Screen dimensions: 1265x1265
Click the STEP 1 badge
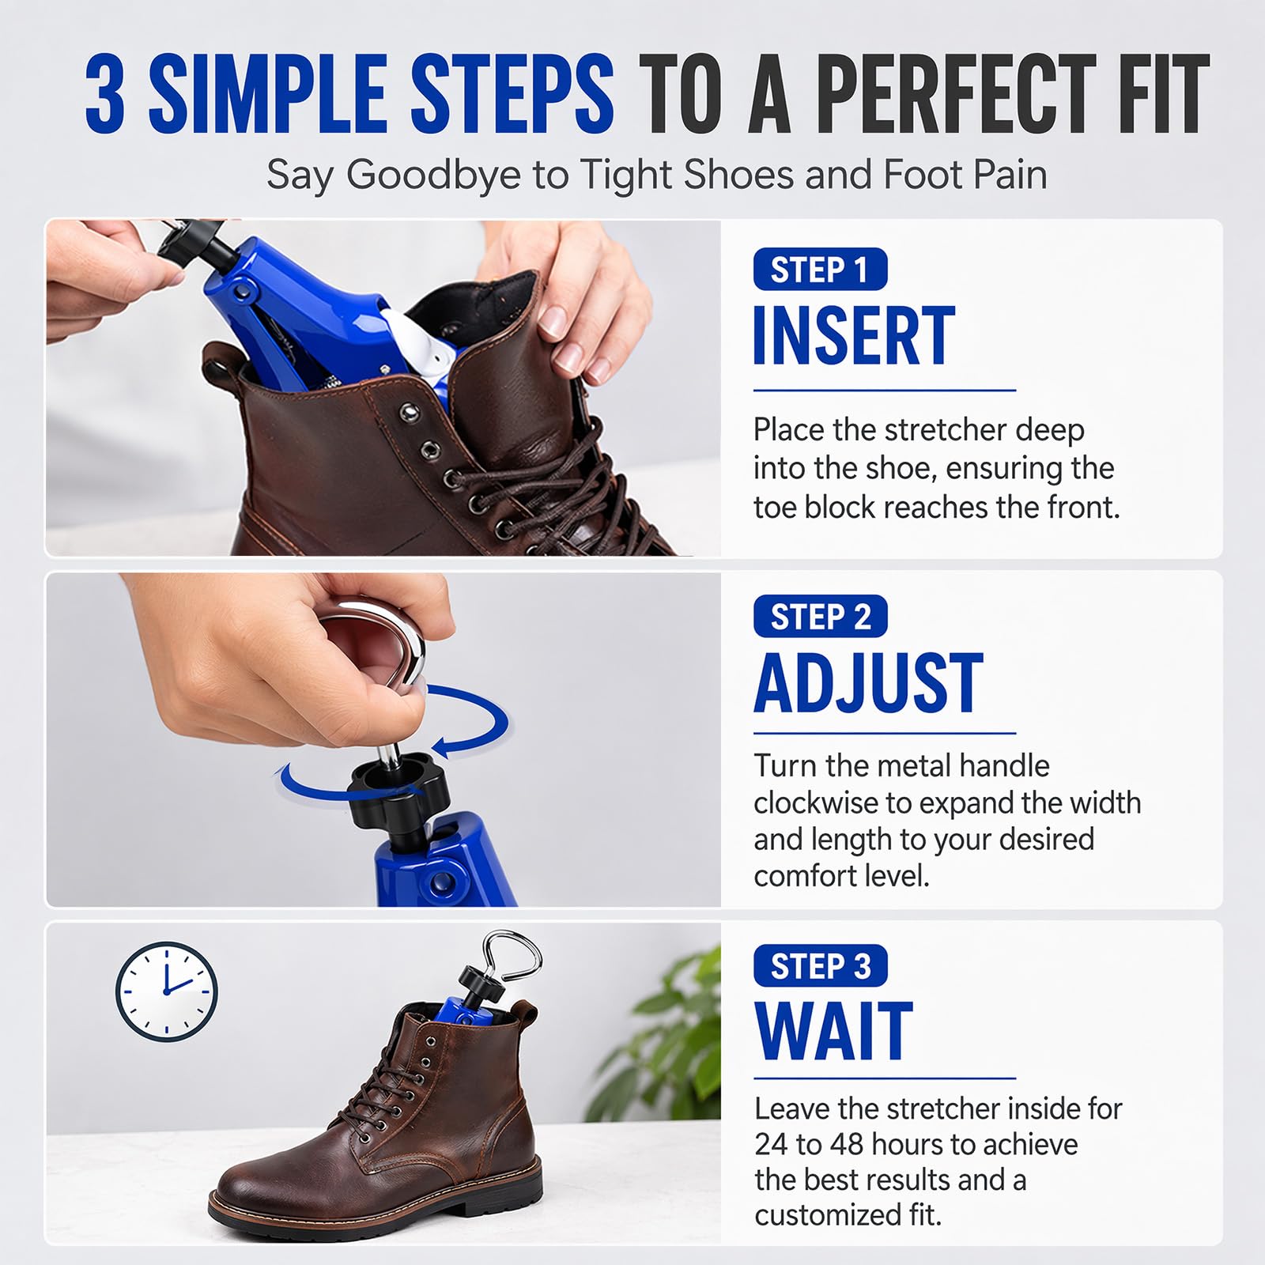click(x=820, y=270)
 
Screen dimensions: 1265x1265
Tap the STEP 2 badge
click(x=820, y=616)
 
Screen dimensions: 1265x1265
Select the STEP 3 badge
click(x=820, y=965)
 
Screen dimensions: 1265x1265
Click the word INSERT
click(x=854, y=336)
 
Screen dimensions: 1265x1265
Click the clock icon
click(x=167, y=991)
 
